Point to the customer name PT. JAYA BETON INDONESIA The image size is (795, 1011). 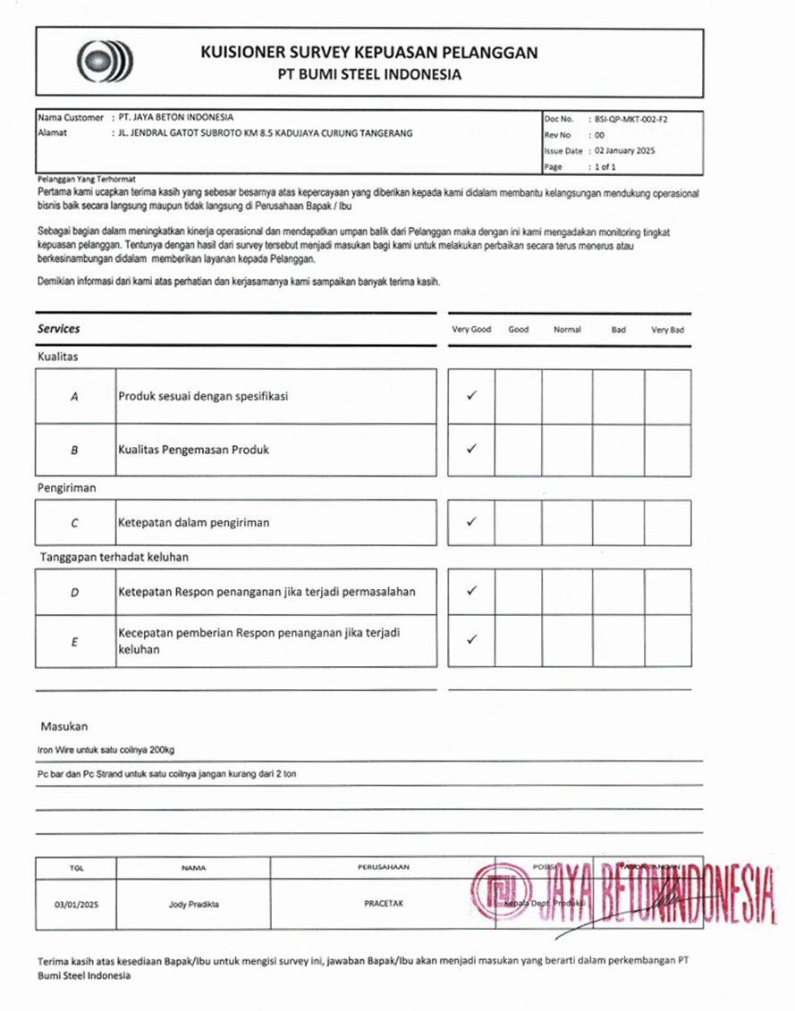pos(175,117)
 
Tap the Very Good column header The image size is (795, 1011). pos(471,330)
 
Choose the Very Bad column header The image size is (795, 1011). pos(667,330)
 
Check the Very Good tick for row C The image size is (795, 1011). pos(471,522)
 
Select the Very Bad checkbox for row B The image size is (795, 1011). pos(667,450)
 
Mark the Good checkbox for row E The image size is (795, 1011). pos(518,641)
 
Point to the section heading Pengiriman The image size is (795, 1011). pos(67,488)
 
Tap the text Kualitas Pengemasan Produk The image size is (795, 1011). pos(193,450)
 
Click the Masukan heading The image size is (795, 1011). pos(63,727)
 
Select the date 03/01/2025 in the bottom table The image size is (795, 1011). pos(75,904)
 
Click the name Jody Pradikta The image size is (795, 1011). pos(193,904)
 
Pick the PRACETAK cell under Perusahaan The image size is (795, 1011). pos(384,904)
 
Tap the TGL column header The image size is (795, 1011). pos(75,867)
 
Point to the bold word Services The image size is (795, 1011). pos(59,329)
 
